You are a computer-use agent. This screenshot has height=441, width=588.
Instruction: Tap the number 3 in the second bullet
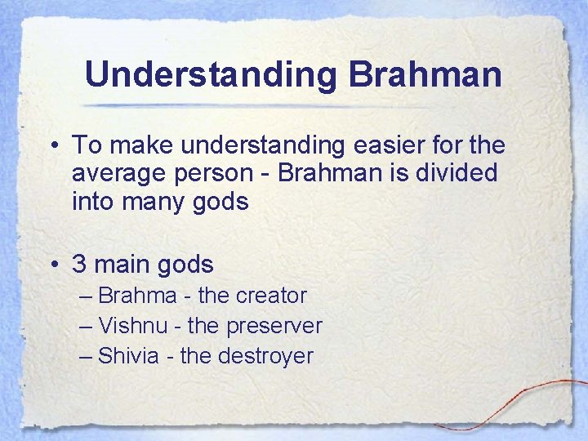(79, 265)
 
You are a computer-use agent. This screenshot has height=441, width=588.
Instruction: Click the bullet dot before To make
(53, 147)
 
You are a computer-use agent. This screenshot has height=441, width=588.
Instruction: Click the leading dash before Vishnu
(87, 327)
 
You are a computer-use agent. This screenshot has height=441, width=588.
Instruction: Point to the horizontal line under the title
(269, 106)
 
